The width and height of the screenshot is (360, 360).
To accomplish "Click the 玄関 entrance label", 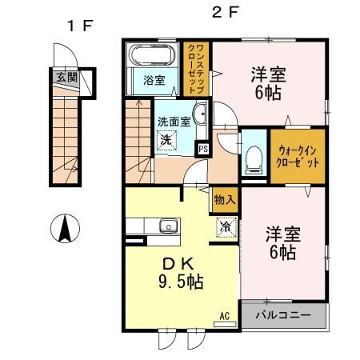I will [x=66, y=78].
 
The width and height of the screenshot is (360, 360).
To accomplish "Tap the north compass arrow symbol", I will [x=63, y=230].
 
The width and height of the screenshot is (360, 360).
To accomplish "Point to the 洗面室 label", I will [x=173, y=122].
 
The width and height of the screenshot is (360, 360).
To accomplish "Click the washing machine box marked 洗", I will [x=166, y=141].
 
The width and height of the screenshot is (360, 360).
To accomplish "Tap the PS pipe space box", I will [x=203, y=148].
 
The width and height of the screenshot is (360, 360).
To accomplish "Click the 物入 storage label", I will [x=225, y=200].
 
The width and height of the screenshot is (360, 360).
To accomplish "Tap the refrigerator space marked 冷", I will [x=226, y=226].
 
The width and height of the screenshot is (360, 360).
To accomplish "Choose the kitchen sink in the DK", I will [x=168, y=226].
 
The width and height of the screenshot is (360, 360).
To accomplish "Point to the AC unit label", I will [x=225, y=316].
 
